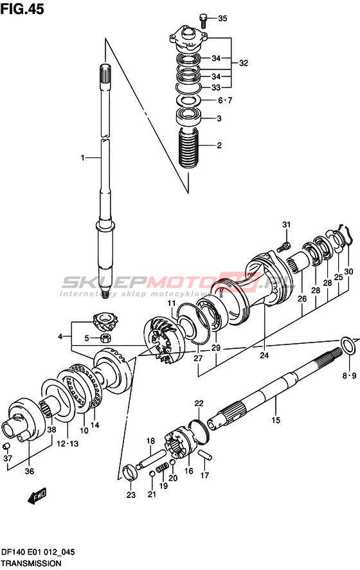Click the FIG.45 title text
(x=22, y=8)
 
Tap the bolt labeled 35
(x=203, y=21)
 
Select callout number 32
(x=243, y=63)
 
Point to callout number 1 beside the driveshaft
(x=82, y=158)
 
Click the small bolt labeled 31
(x=283, y=247)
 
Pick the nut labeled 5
(x=105, y=338)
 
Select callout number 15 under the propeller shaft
(x=276, y=420)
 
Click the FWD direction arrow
(x=37, y=495)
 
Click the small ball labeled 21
(x=152, y=474)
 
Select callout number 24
(x=264, y=355)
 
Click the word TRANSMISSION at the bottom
(x=31, y=564)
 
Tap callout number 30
(x=348, y=272)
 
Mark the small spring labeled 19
(x=162, y=468)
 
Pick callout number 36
(x=30, y=471)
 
